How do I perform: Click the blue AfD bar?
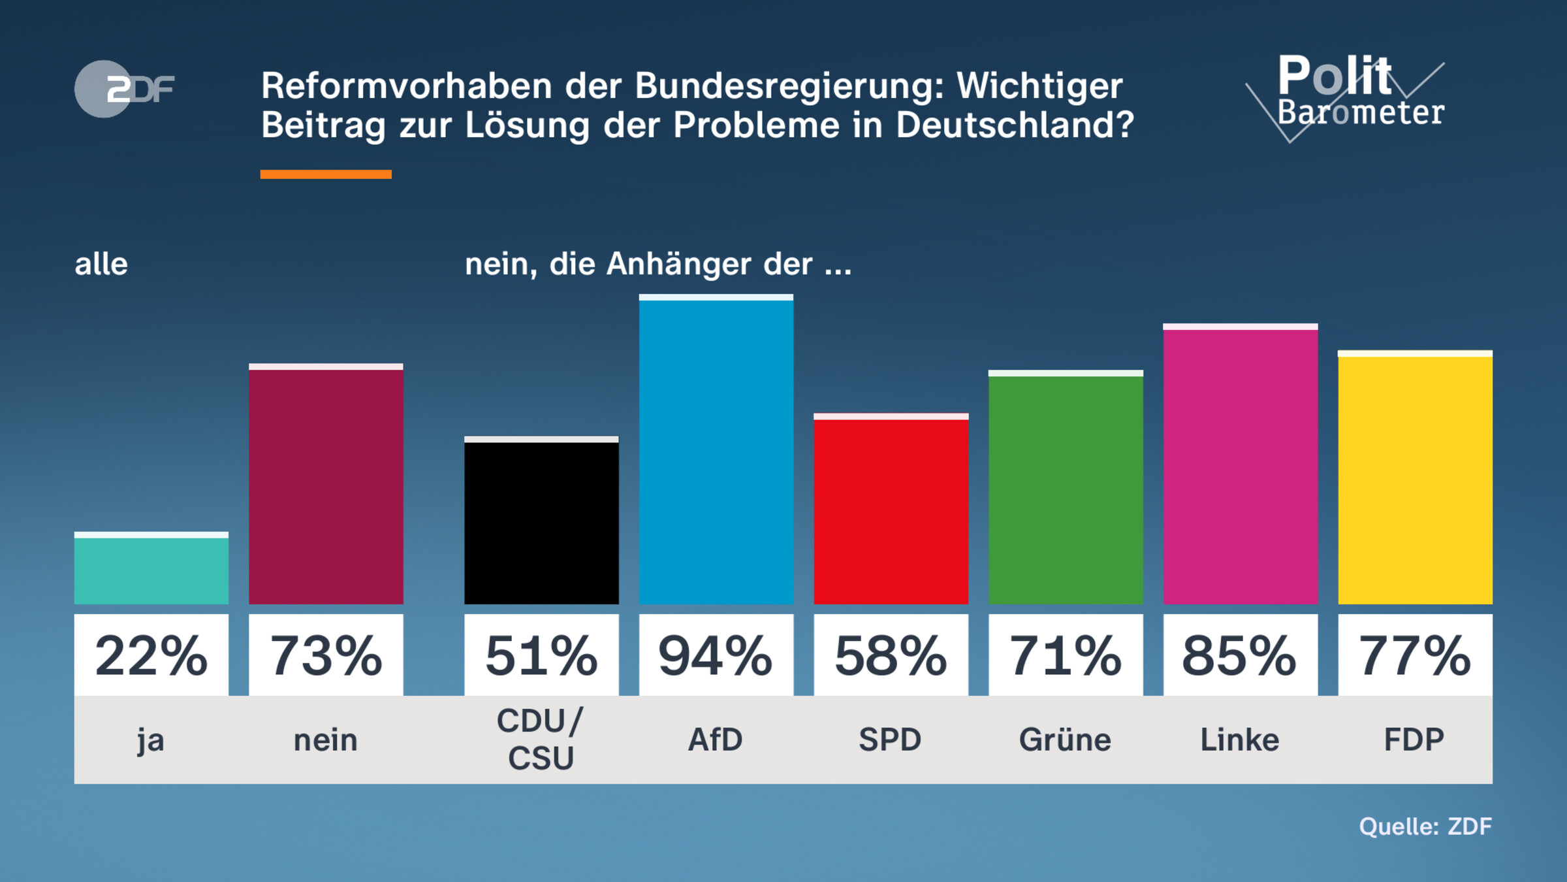pos(716,451)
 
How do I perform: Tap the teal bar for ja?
pos(151,568)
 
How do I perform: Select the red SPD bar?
pos(891,510)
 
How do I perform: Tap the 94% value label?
pos(716,655)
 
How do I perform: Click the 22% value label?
pos(151,655)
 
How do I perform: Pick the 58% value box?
pos(891,655)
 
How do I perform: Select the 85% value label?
pos(1241,655)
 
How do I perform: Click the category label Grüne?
pos(1066,740)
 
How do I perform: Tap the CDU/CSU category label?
pos(541,740)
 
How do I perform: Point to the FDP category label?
pos(1415,740)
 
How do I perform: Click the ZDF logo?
pos(124,89)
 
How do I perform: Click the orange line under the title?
pos(326,174)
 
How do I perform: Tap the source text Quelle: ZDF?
pos(1425,826)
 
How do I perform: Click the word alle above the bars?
pos(101,265)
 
